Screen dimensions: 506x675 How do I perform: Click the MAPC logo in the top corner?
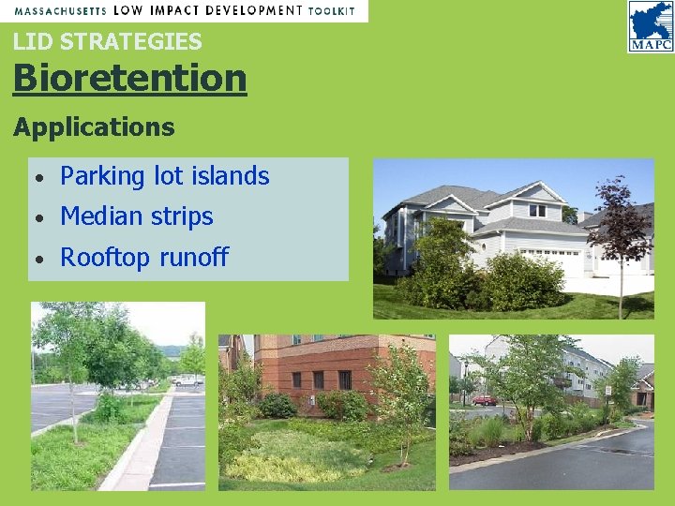click(650, 25)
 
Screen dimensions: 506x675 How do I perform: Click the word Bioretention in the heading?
click(129, 78)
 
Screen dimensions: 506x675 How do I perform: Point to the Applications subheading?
click(94, 126)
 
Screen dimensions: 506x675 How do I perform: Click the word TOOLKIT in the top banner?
click(332, 10)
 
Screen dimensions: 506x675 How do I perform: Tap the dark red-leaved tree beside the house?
click(621, 225)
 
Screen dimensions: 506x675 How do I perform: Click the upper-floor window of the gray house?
click(536, 211)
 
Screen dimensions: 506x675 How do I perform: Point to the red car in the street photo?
click(484, 400)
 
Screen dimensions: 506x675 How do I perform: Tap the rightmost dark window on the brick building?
click(344, 379)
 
